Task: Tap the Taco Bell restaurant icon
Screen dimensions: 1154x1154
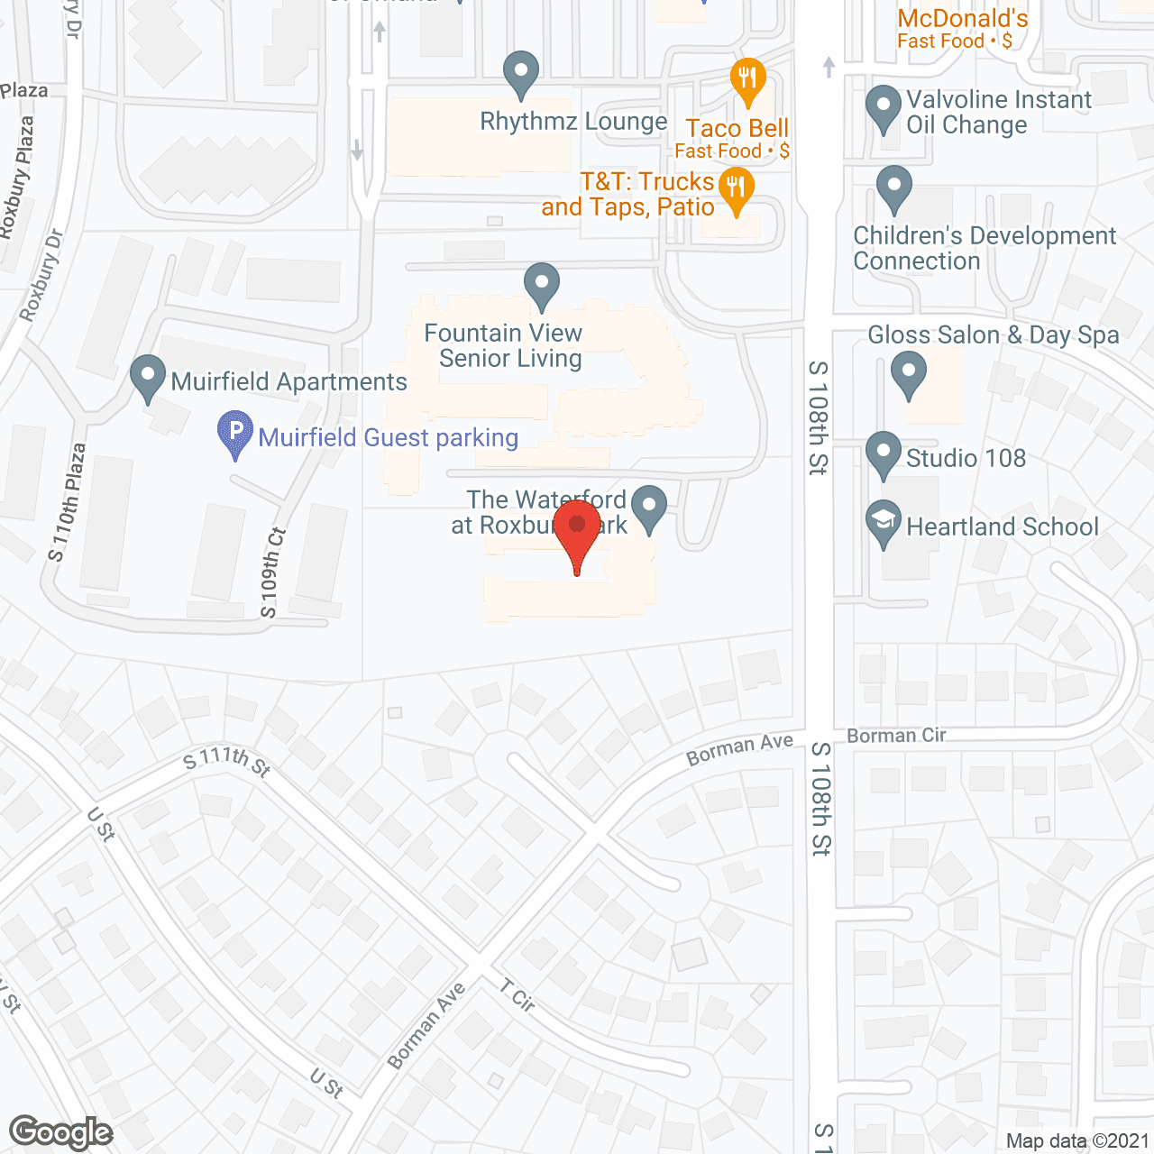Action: (747, 79)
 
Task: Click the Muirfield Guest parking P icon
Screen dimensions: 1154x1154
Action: (235, 432)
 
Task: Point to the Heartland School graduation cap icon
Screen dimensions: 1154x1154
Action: (884, 521)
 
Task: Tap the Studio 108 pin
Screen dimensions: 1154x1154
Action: (884, 453)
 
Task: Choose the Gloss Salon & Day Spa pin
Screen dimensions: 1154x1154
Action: (909, 371)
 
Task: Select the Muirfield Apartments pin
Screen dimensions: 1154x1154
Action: (148, 377)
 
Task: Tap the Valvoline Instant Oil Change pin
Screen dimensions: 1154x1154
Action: (884, 105)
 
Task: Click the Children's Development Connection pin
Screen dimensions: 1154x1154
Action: (894, 188)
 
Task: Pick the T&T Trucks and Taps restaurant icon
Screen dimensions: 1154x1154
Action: (737, 188)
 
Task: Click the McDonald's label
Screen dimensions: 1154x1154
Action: (962, 18)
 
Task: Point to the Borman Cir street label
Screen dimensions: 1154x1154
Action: (896, 736)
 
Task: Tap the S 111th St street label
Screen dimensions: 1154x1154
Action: (226, 760)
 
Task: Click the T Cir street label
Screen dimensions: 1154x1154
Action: (518, 998)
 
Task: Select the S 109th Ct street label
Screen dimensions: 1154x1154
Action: (272, 573)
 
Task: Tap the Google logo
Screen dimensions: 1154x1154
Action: (61, 1132)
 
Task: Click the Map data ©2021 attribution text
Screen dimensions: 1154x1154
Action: (1077, 1141)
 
